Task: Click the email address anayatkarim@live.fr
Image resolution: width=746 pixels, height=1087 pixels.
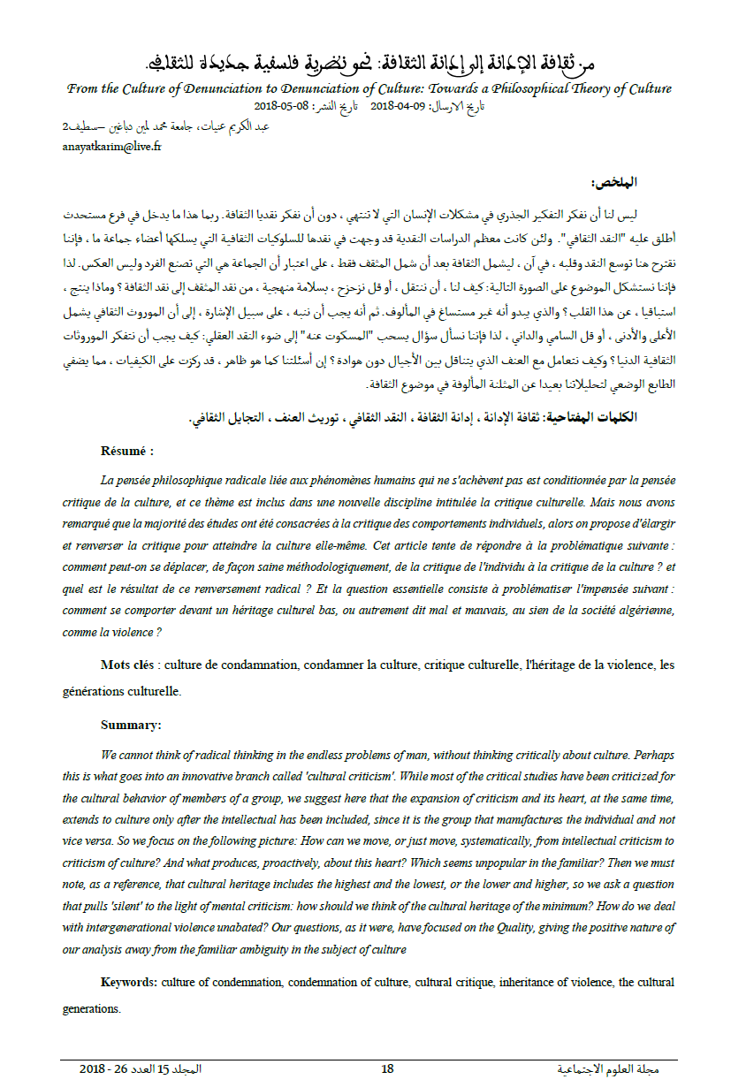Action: (x=111, y=146)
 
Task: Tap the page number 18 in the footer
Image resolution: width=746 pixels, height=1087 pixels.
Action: (x=387, y=1068)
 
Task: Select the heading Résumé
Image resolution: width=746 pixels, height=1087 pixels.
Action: (x=127, y=451)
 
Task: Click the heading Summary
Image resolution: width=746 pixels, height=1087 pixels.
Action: (x=131, y=725)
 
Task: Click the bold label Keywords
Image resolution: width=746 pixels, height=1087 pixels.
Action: (x=129, y=982)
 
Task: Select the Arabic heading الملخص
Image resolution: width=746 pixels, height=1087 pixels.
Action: (x=614, y=183)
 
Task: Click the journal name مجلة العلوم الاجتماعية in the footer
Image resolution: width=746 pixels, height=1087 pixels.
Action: (x=610, y=1068)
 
